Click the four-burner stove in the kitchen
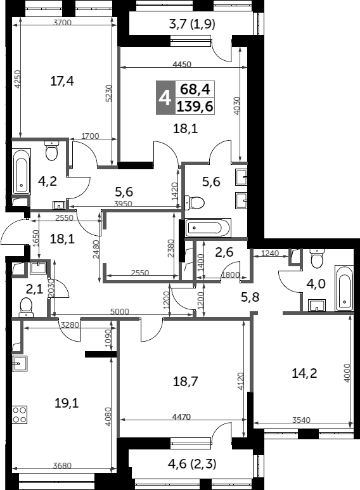click(19, 414)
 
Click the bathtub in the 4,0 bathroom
click(344, 288)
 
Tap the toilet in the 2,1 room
click(26, 306)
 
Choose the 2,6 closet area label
click(224, 252)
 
